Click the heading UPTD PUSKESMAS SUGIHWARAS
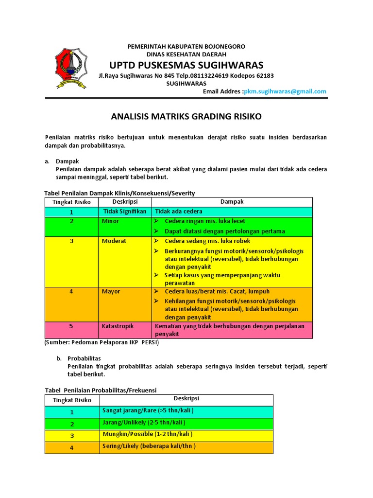tap(186, 65)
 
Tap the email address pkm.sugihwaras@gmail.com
tap(285, 91)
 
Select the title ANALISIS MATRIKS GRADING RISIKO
tap(186, 117)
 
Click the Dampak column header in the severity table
tap(232, 202)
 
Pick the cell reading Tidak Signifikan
tap(125, 212)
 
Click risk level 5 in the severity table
tap(71, 326)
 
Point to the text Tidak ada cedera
tap(179, 212)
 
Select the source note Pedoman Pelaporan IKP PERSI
tap(102, 342)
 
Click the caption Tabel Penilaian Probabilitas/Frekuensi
tap(101, 390)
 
